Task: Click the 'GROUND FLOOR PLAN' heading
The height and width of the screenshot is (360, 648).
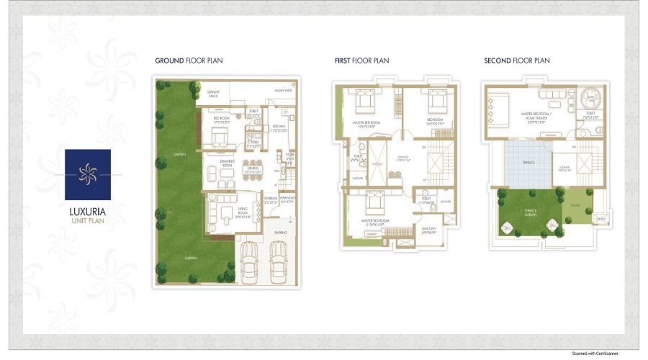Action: coord(189,60)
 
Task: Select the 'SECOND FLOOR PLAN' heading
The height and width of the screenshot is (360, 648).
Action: coord(516,60)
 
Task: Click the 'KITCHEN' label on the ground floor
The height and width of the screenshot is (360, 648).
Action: coord(279,128)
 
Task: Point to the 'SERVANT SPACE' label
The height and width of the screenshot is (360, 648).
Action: coord(213,94)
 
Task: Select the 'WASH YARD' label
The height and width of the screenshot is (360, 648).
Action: coord(283,91)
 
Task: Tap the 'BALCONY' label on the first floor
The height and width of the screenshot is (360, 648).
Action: coord(428,230)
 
